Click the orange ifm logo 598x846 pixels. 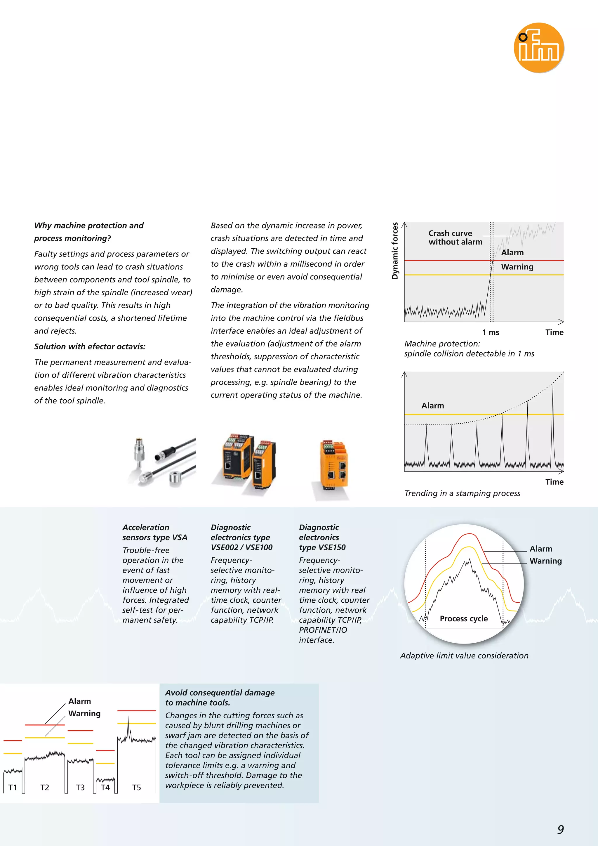pyautogui.click(x=539, y=48)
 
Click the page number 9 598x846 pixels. pyautogui.click(x=560, y=829)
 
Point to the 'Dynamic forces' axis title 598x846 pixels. pyautogui.click(x=395, y=251)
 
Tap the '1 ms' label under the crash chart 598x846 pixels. pyautogui.click(x=491, y=332)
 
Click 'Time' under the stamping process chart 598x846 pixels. pyautogui.click(x=554, y=482)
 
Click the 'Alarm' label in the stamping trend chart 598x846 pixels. pyautogui.click(x=433, y=406)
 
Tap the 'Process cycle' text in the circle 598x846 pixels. pyautogui.click(x=464, y=619)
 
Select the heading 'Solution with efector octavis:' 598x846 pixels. pyautogui.click(x=89, y=347)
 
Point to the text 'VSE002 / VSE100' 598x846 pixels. pyautogui.click(x=241, y=547)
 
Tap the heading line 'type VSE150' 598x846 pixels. pyautogui.click(x=322, y=547)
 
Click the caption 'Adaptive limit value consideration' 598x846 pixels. pyautogui.click(x=464, y=656)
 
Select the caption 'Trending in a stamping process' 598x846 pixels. pyautogui.click(x=462, y=493)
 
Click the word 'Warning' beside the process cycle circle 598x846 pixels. pyautogui.click(x=545, y=561)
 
